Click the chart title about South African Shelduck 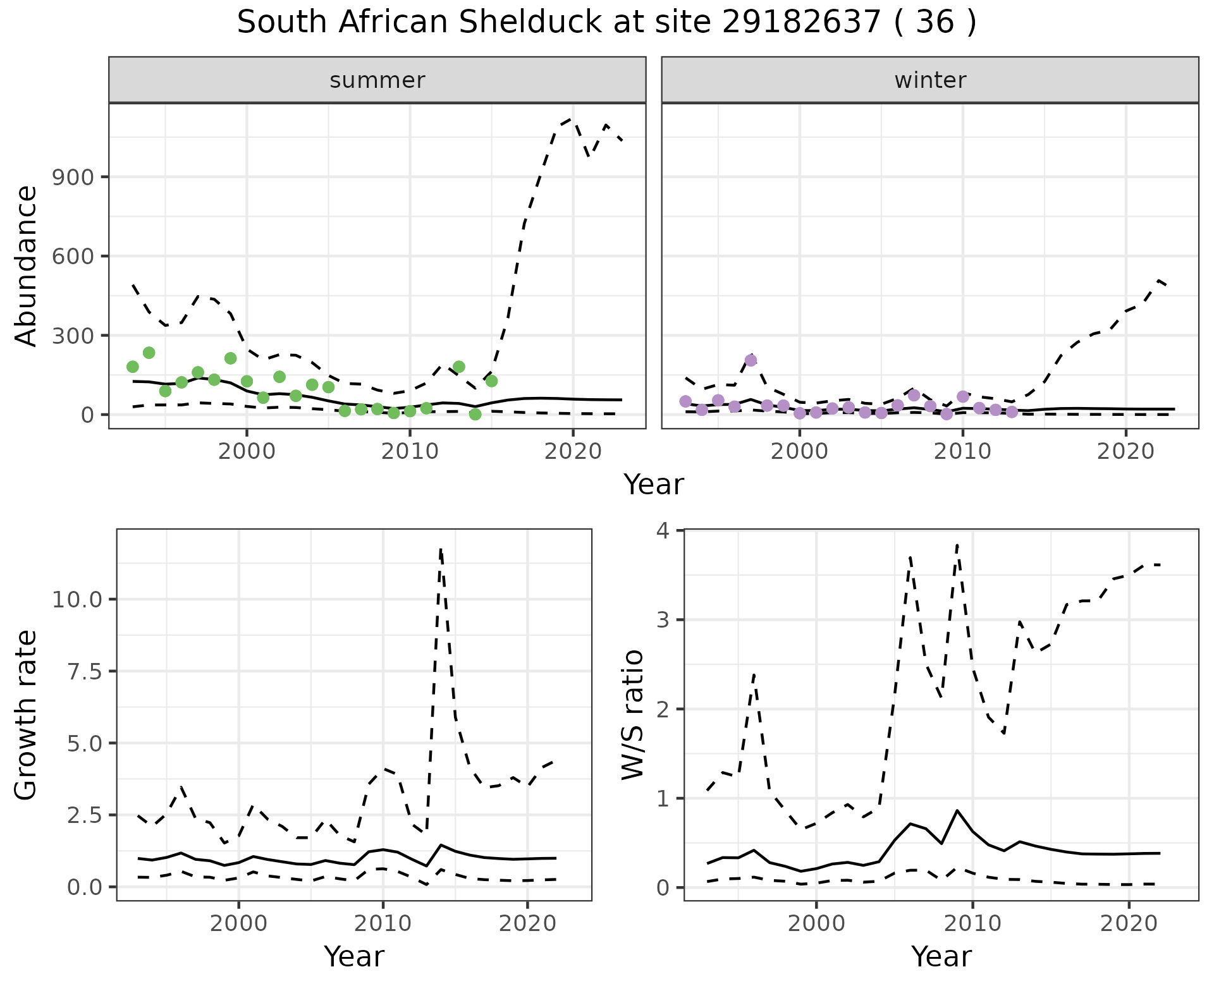click(607, 23)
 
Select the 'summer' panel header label click(377, 80)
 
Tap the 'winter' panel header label click(930, 80)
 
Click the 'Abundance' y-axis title click(27, 266)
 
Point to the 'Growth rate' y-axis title click(27, 715)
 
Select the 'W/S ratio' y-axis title click(633, 715)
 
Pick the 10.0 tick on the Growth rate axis click(78, 599)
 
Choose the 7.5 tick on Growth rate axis click(83, 671)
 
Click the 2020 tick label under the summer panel click(573, 451)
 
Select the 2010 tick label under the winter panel click(962, 451)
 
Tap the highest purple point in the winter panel click(751, 360)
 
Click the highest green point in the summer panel click(149, 353)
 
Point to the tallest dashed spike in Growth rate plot click(440, 550)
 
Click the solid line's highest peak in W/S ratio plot click(957, 810)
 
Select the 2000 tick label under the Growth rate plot click(238, 923)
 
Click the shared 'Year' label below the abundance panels click(654, 485)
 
